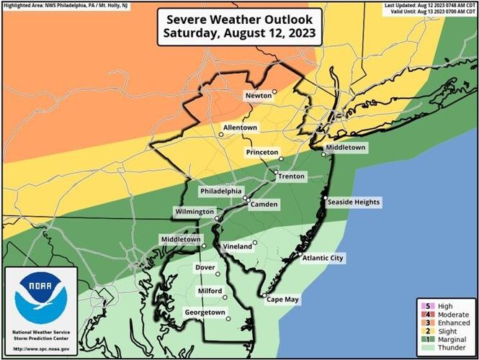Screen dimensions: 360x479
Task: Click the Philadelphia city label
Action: point(220,192)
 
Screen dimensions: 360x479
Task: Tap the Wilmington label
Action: point(194,212)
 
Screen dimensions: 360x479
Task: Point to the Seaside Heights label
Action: point(353,202)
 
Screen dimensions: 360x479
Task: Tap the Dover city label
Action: point(205,268)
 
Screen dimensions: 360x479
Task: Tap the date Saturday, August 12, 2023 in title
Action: point(240,33)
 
